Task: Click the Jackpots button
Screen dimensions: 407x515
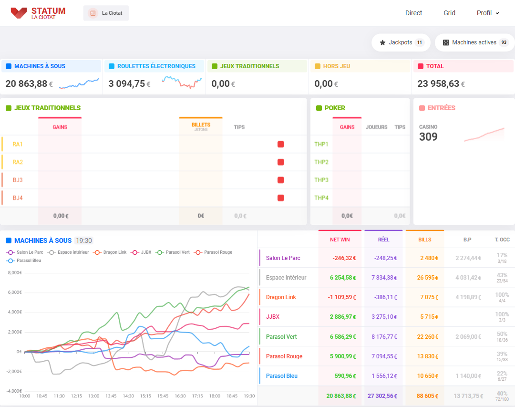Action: [401, 42]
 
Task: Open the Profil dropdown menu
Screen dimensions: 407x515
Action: [488, 13]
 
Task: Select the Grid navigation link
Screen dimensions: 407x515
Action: [449, 13]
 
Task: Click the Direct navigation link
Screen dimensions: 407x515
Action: [413, 13]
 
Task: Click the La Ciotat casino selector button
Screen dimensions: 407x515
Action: [106, 13]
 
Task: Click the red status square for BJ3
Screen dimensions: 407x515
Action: [280, 180]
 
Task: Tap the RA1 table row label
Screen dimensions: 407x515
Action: [18, 144]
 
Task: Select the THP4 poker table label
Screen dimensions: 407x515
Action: [321, 198]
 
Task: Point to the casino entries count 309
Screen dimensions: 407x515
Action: [428, 137]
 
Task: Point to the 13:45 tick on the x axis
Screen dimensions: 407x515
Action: [111, 396]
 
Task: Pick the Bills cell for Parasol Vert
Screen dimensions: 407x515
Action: [425, 337]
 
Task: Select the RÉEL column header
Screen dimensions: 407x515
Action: [383, 240]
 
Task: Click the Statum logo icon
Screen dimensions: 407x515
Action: [19, 13]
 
